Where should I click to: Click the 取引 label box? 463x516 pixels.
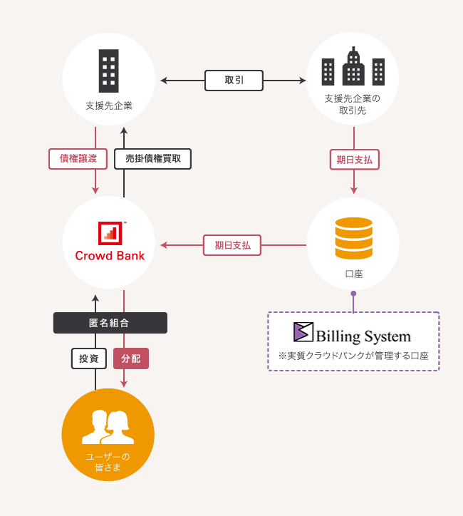pyautogui.click(x=234, y=81)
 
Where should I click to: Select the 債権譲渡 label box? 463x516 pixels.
pyautogui.click(x=78, y=158)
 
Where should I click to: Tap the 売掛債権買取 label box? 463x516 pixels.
pyautogui.click(x=152, y=158)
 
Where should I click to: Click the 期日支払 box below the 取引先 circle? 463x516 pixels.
pyautogui.click(x=354, y=159)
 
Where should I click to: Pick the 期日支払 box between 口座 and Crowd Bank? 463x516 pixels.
pyautogui.click(x=232, y=245)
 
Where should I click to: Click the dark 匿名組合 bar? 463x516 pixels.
pyautogui.click(x=110, y=323)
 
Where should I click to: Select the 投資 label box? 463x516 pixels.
pyautogui.click(x=89, y=358)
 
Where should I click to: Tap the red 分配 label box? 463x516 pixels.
pyautogui.click(x=131, y=358)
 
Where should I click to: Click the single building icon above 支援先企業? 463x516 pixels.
pyautogui.click(x=109, y=71)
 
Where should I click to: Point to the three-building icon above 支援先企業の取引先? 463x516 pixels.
pyautogui.click(x=353, y=68)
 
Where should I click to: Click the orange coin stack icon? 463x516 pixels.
pyautogui.click(x=354, y=238)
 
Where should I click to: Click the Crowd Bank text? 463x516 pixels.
pyautogui.click(x=110, y=256)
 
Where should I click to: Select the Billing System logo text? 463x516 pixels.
pyautogui.click(x=363, y=336)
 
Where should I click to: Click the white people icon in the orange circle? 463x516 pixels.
pyautogui.click(x=108, y=427)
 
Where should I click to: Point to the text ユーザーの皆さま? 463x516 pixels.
pyautogui.click(x=108, y=462)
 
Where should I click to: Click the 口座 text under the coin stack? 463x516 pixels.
pyautogui.click(x=354, y=274)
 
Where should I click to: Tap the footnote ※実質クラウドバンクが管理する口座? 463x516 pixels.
pyautogui.click(x=353, y=356)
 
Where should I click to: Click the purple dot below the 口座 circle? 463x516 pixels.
pyautogui.click(x=353, y=293)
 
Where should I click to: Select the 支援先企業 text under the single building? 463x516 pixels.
pyautogui.click(x=109, y=106)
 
